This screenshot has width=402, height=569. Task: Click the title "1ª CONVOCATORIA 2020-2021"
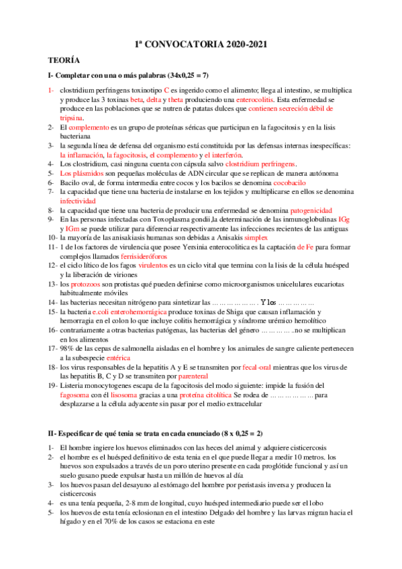[x=201, y=44]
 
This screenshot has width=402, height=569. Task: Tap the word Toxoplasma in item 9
[x=164, y=219]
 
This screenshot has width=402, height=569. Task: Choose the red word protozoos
[x=87, y=284]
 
